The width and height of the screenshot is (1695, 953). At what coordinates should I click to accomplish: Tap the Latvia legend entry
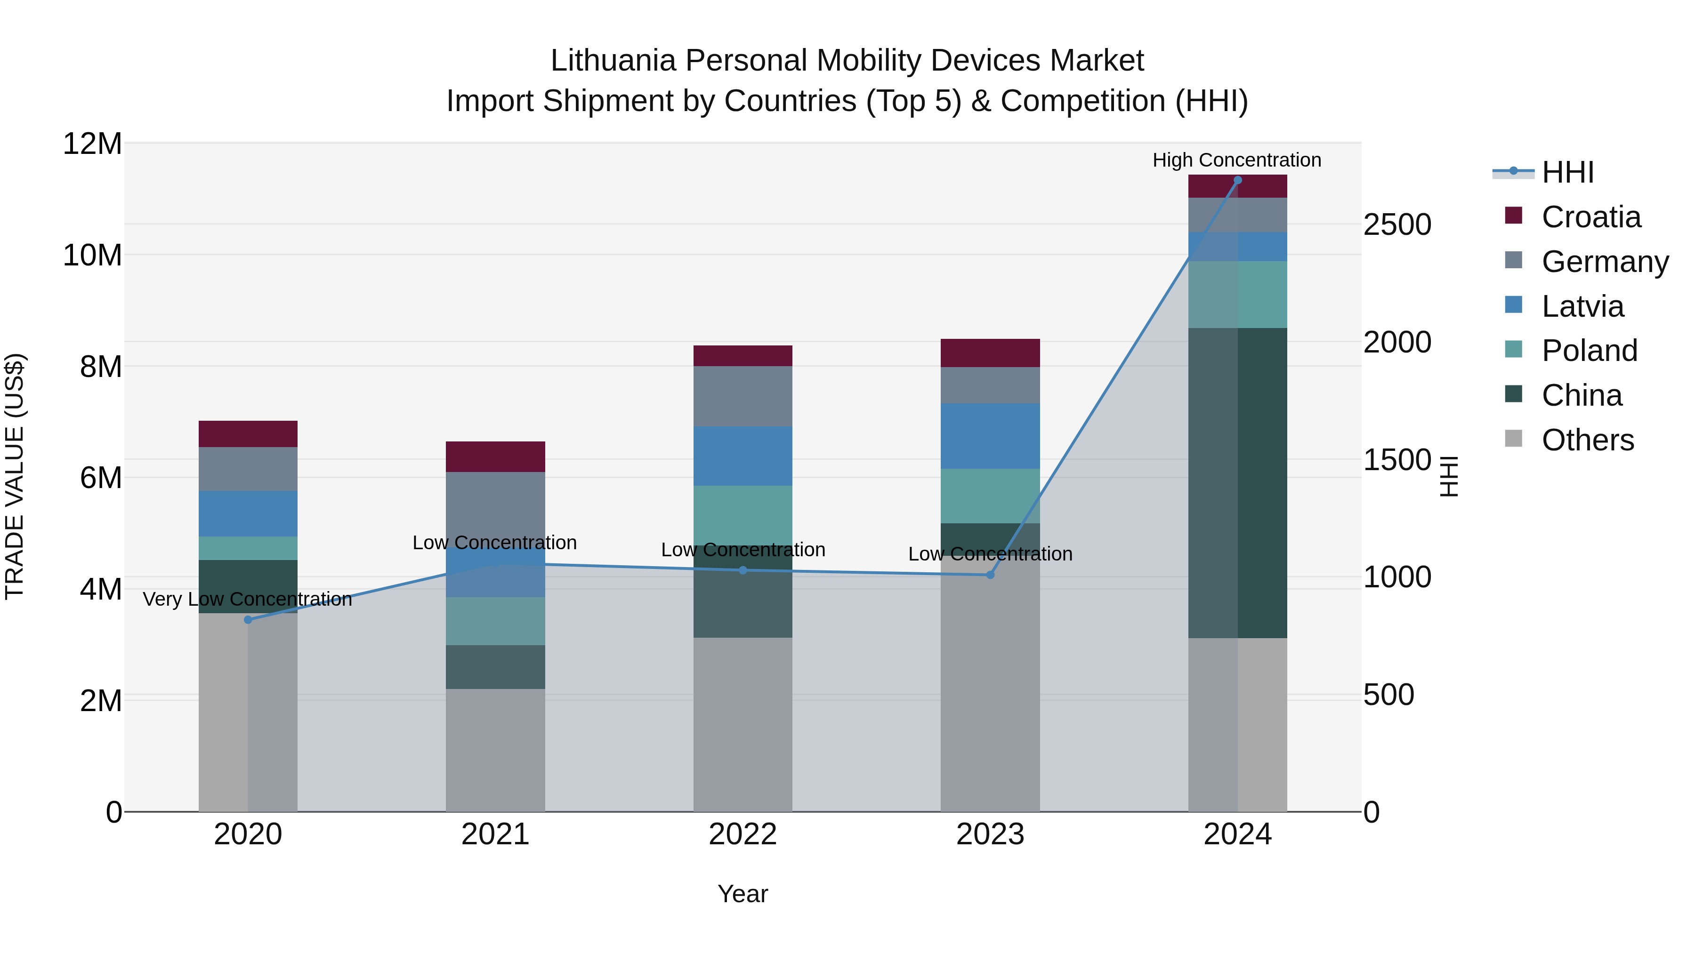[1582, 306]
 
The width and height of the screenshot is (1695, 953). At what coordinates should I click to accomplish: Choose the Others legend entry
[1587, 440]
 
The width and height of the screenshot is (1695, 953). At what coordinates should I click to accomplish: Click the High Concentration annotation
[1236, 160]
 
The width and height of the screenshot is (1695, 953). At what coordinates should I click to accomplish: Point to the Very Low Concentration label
[247, 599]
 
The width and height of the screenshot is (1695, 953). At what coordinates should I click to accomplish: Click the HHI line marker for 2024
[1237, 180]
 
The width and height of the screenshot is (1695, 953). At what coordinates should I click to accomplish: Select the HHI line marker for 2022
[743, 570]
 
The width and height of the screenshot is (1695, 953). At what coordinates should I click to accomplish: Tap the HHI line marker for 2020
[248, 619]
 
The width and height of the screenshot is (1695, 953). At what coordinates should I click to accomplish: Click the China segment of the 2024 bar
[1237, 483]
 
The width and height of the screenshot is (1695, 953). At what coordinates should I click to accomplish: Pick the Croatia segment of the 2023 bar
[990, 353]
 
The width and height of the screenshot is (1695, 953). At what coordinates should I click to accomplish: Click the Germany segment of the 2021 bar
[495, 500]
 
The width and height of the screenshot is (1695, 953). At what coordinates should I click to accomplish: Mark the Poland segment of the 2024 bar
[1237, 294]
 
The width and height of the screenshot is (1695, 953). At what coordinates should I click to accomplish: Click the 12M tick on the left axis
[92, 144]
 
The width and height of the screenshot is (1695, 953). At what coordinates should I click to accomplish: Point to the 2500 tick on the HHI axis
[1397, 225]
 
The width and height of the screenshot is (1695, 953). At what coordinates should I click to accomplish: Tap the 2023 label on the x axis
[990, 834]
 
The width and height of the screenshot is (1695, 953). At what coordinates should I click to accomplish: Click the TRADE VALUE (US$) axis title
[15, 476]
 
